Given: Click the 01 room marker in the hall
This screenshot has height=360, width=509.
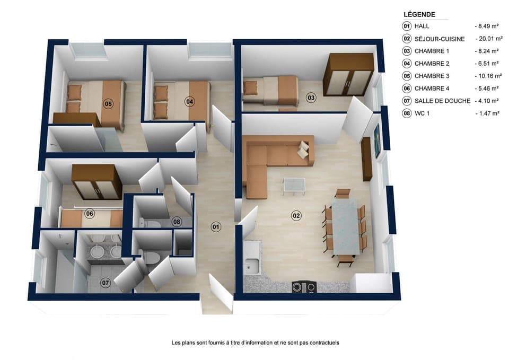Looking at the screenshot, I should click(x=216, y=227).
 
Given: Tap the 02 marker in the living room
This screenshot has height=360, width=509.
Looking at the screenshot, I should click(x=296, y=215).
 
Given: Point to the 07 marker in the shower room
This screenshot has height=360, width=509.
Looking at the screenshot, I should click(x=106, y=283).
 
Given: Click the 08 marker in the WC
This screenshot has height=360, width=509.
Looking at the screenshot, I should click(x=177, y=221).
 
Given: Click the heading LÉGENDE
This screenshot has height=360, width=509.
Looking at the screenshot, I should click(x=419, y=15).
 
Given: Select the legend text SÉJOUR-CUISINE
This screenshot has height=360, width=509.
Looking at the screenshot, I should click(x=440, y=39).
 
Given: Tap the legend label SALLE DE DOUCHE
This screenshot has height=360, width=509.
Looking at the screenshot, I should click(x=442, y=101).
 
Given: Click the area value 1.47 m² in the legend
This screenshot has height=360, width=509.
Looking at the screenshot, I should click(x=486, y=113).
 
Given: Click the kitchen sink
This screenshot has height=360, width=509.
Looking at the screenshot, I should click(x=252, y=262).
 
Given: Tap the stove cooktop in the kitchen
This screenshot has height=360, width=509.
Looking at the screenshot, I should click(x=304, y=287).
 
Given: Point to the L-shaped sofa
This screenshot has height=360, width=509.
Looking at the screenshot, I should click(x=276, y=156).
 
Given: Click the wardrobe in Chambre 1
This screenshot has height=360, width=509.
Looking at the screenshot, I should click(x=348, y=74).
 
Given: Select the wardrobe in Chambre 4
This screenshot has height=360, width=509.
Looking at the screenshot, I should click(x=96, y=181).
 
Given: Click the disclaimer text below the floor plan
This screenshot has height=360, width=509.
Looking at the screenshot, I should click(x=255, y=343).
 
